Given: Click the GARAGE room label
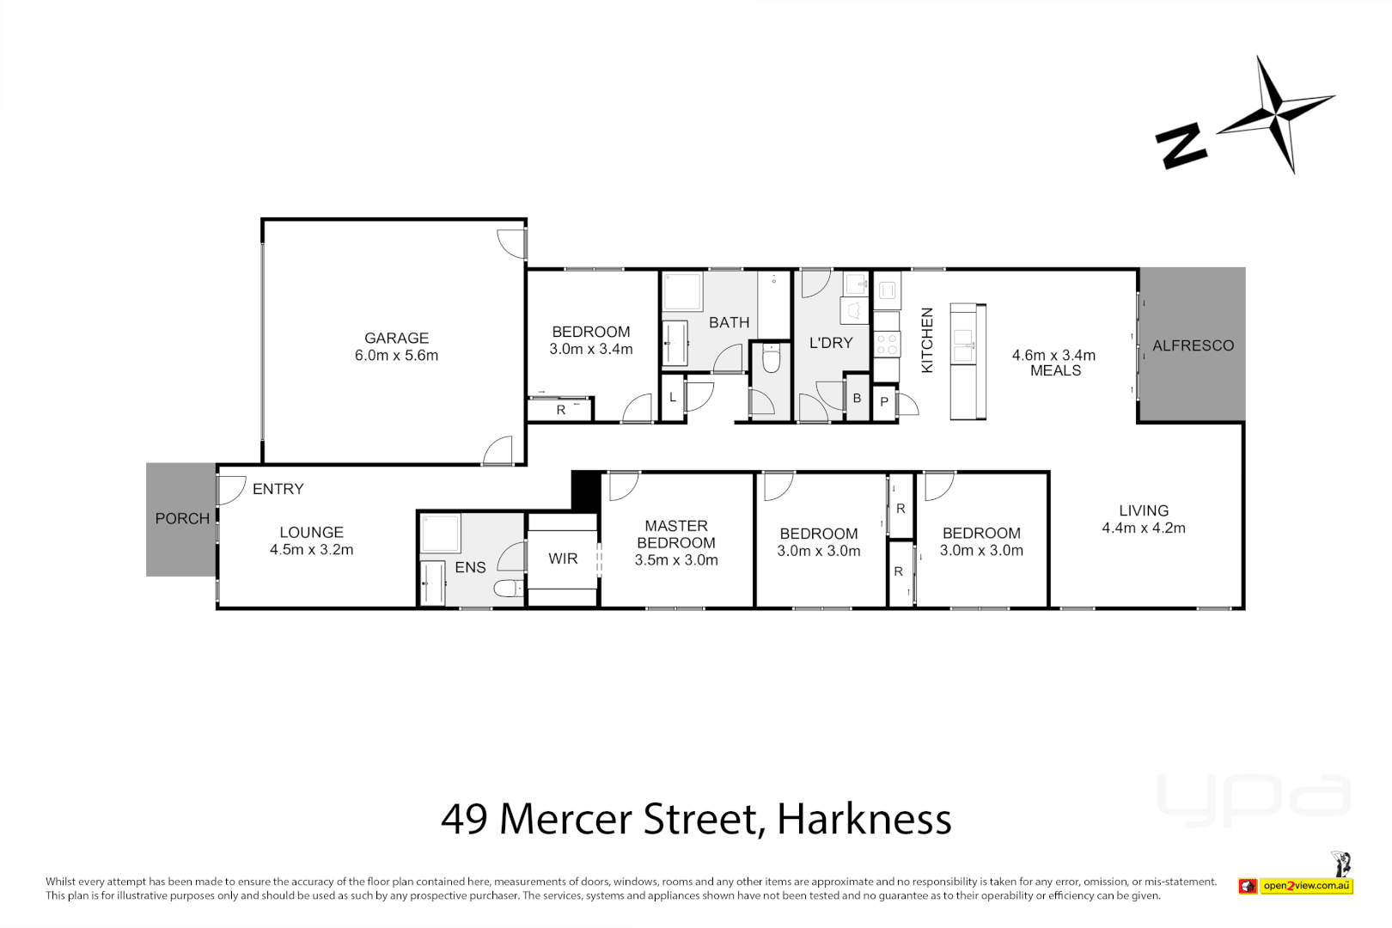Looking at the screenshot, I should (396, 339).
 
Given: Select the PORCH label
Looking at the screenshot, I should (182, 519).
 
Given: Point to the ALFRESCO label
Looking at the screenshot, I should (1193, 345).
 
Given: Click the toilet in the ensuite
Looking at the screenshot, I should (509, 589).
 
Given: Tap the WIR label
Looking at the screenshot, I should (563, 559).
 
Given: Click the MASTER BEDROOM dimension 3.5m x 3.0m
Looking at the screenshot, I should (676, 560).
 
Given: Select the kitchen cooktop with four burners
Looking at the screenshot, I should (887, 345).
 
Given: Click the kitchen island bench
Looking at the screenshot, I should (968, 362).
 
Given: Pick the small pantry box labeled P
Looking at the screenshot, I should (884, 402).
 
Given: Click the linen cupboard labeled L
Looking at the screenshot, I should (673, 397).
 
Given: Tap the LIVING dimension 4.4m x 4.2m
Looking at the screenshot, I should (1143, 528).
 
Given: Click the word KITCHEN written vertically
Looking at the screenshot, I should (927, 340).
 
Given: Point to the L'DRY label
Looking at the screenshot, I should (831, 343).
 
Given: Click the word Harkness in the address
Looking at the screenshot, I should (864, 819).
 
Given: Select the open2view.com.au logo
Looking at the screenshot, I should (1306, 886).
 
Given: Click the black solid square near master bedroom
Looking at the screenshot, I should (586, 490).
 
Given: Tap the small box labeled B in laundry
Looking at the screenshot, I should (857, 398).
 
